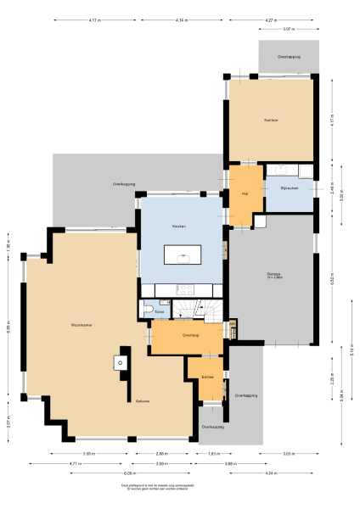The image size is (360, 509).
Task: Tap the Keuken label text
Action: tap(179, 227)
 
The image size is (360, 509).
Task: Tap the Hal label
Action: tap(245, 194)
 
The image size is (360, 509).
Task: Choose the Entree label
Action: tap(207, 376)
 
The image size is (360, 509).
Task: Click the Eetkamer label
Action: tap(142, 401)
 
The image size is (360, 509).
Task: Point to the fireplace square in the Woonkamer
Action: tap(120, 363)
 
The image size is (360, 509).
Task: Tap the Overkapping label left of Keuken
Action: tap(124, 184)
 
